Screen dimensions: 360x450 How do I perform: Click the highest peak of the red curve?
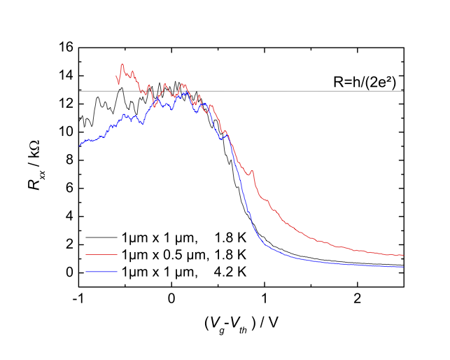[x=122, y=65]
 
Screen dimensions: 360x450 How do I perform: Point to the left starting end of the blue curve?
[x=79, y=145]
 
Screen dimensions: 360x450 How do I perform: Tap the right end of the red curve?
[x=404, y=256]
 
